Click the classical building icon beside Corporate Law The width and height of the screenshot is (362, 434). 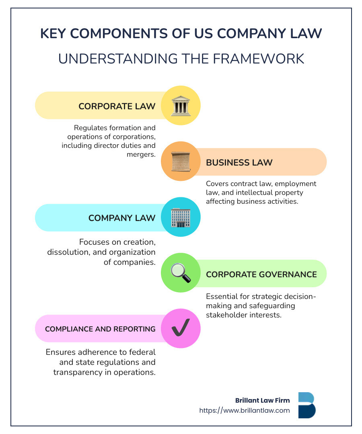(181, 106)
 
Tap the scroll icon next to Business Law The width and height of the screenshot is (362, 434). (181, 162)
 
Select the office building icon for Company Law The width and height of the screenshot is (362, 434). (181, 217)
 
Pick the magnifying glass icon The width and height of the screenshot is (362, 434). (181, 273)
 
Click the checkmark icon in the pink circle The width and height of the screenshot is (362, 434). (181, 328)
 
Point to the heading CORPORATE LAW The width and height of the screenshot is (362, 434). (117, 106)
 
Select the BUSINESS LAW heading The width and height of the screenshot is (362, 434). (239, 162)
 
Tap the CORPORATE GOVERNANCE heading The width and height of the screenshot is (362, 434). (261, 274)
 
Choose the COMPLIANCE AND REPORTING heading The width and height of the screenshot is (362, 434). (100, 329)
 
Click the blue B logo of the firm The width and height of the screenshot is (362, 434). (307, 405)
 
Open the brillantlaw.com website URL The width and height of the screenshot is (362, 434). (245, 410)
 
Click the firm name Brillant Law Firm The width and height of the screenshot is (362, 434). (263, 400)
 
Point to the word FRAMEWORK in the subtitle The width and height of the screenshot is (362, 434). (258, 59)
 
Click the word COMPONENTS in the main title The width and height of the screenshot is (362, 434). (119, 33)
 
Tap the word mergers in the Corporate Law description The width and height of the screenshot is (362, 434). (141, 154)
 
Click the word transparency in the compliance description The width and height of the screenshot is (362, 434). (78, 373)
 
